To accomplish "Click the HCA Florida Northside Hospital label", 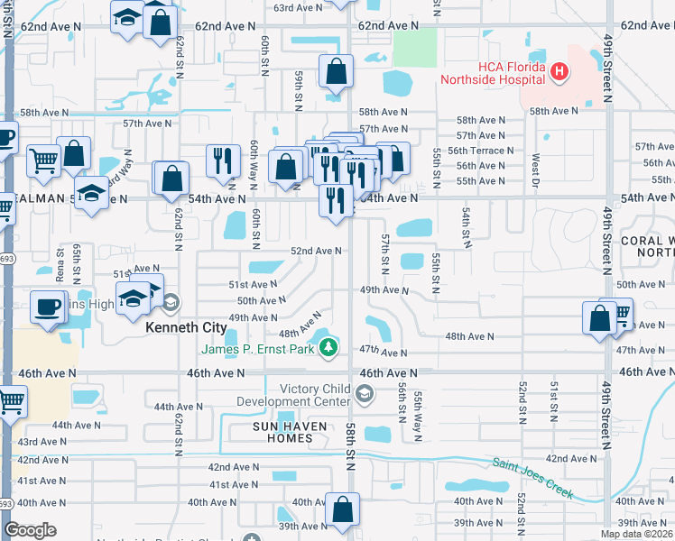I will click(x=492, y=73).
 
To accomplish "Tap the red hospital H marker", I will click(x=559, y=70).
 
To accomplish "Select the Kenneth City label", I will click(x=186, y=329).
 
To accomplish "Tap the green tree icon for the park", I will click(x=330, y=347).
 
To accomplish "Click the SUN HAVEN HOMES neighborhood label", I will click(x=270, y=432).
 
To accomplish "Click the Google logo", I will click(x=30, y=530).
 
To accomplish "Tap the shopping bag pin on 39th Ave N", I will click(x=343, y=509).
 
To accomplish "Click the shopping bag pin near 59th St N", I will click(x=336, y=73).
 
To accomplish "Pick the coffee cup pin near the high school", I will click(x=47, y=307).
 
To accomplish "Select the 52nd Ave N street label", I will click(x=315, y=252).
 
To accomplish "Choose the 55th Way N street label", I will click(x=418, y=416).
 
